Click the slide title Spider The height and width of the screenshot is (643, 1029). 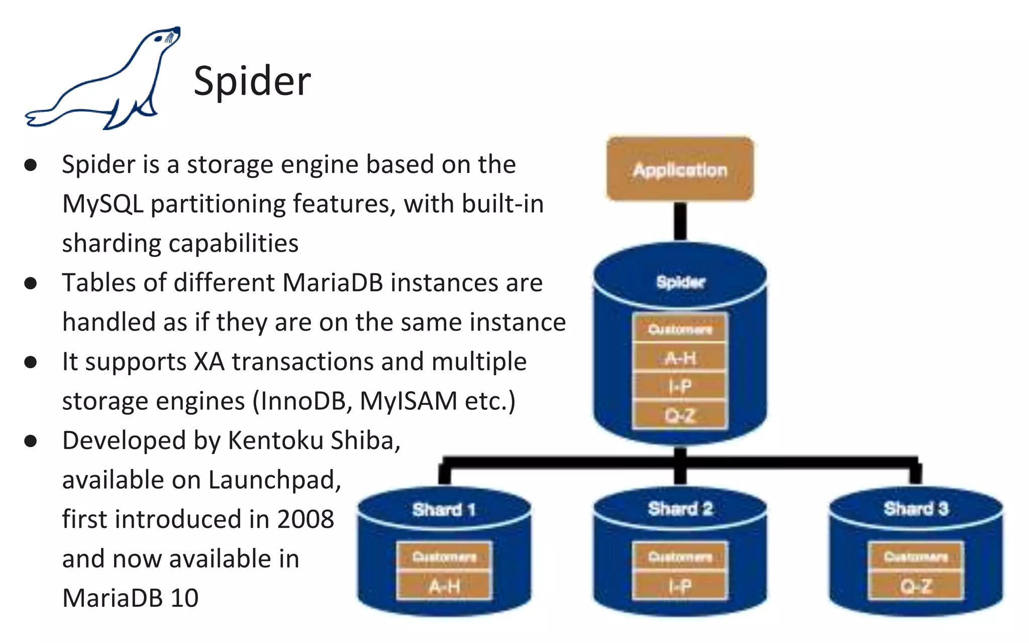pos(252,81)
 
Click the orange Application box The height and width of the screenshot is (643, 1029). pos(680,169)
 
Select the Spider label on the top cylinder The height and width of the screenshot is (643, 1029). pos(680,282)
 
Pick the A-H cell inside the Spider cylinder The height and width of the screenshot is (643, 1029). pos(680,358)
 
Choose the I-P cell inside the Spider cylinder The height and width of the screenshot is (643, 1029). pos(680,386)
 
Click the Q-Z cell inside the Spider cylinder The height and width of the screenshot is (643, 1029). pos(680,415)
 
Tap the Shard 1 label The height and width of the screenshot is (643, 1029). pos(444,509)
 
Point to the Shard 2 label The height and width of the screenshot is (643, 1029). pos(680,508)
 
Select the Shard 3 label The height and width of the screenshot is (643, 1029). pos(915,508)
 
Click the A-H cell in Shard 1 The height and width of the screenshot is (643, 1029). pos(444,586)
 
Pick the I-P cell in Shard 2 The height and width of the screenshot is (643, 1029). pos(680,586)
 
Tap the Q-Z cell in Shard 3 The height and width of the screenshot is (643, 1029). pos(915,586)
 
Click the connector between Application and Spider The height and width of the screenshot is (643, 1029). pos(680,221)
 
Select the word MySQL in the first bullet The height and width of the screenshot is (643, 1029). pos(102,204)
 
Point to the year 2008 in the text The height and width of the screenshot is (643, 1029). pos(305,519)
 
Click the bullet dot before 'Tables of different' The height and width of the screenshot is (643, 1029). pos(31,283)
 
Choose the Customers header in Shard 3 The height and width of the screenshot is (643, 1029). pos(915,557)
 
